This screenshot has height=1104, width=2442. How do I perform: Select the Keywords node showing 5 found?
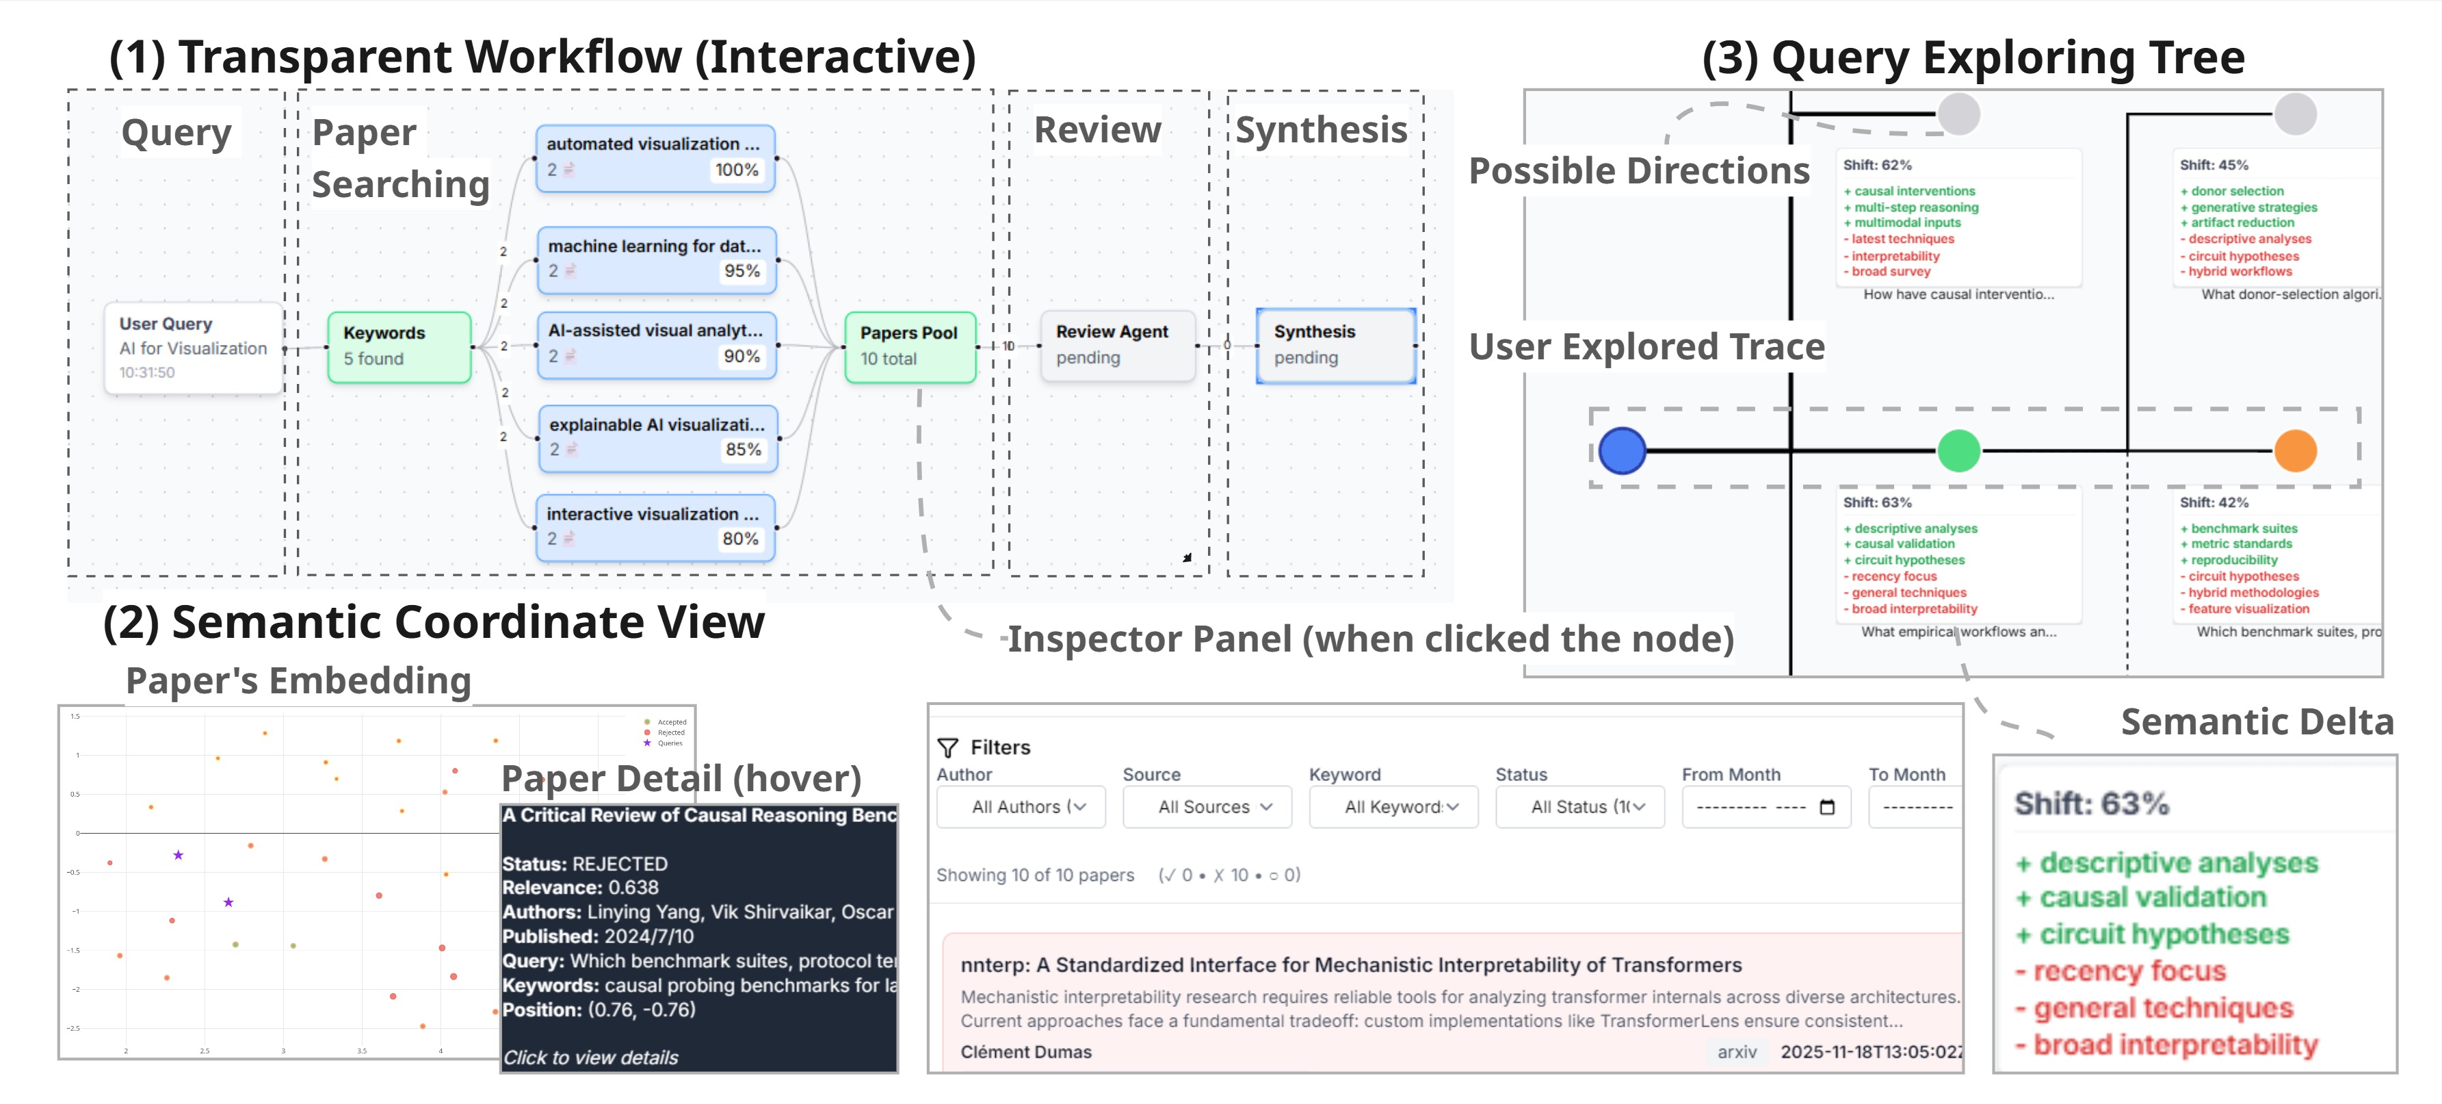(399, 346)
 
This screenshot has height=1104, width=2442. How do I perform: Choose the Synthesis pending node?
(1335, 345)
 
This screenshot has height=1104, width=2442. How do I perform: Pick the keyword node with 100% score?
(654, 157)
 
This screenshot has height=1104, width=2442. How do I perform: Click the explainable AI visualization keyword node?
(656, 437)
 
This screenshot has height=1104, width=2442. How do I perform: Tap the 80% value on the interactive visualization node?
(739, 539)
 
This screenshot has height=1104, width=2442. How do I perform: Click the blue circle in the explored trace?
(1622, 450)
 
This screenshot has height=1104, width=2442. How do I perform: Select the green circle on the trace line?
(1958, 450)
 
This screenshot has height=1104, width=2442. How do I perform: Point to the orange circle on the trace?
(2295, 450)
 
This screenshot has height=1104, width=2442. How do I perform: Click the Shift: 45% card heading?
(2214, 165)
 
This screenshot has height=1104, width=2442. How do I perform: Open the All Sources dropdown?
(1207, 807)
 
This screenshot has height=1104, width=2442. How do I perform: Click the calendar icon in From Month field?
(1827, 807)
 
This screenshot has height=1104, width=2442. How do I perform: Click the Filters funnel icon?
(947, 747)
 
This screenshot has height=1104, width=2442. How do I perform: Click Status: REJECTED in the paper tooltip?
(585, 864)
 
